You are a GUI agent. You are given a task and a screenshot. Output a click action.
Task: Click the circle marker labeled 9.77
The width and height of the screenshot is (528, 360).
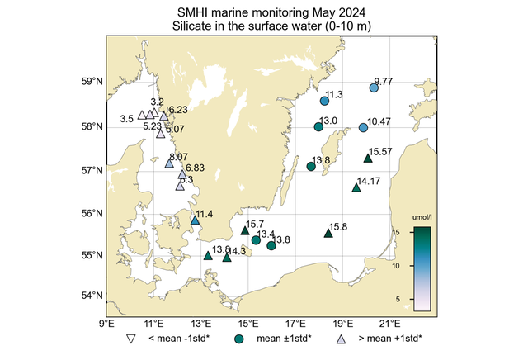374,88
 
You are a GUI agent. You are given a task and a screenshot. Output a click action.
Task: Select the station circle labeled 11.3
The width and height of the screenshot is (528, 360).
324,101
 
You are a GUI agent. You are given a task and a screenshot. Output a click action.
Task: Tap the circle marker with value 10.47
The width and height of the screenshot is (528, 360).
364,127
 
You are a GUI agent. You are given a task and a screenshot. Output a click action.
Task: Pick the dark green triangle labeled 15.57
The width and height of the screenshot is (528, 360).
368,159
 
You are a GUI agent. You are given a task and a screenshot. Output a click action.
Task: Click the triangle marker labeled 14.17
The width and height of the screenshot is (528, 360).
356,187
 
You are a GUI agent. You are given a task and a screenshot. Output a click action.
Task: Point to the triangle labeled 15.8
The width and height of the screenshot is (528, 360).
328,233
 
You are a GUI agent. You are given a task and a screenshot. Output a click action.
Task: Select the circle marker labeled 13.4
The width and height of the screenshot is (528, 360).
256,239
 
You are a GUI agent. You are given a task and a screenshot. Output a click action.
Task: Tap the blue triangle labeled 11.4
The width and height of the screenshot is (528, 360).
195,220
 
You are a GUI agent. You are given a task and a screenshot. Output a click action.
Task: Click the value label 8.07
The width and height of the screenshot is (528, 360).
178,156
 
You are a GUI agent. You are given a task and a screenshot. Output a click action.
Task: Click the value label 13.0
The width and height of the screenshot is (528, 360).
328,121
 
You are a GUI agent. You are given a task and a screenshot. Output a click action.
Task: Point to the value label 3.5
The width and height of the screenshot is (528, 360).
127,119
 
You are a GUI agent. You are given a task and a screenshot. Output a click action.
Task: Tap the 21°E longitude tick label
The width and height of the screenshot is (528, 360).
390,323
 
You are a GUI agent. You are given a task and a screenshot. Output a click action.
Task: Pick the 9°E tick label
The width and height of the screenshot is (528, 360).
106,323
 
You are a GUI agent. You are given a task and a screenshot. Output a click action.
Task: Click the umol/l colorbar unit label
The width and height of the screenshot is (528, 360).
422,218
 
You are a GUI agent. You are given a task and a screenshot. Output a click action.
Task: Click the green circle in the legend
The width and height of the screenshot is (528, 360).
239,339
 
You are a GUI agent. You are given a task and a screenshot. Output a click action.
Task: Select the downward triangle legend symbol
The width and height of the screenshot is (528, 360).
130,339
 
